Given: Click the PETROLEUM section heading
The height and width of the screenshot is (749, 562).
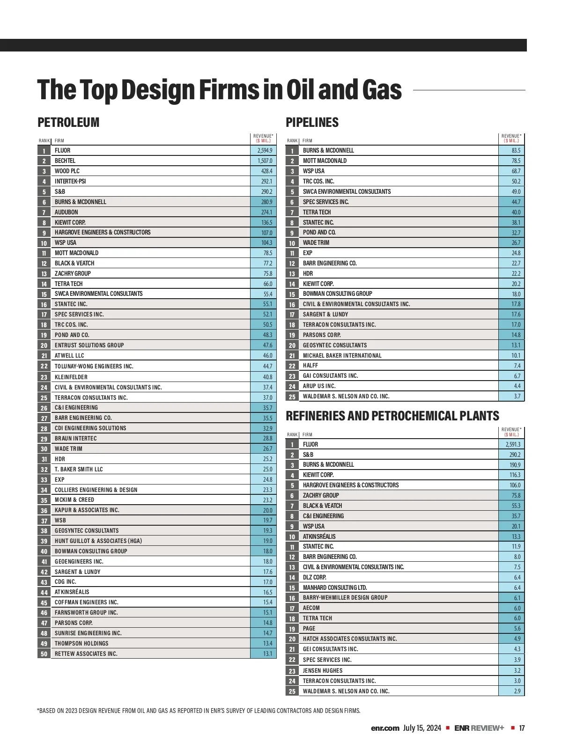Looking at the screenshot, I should [x=68, y=123].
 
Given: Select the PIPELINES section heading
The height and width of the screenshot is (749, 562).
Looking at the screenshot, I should [x=312, y=123].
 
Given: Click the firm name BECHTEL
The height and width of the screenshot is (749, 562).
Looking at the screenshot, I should [x=65, y=161].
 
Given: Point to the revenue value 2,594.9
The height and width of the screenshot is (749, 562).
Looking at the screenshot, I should [x=265, y=151].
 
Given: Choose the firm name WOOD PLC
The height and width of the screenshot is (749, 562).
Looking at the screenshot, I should [x=67, y=171].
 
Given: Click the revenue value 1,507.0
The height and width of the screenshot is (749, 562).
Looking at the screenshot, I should [x=265, y=161].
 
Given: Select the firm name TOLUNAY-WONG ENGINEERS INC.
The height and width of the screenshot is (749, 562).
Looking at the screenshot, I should [x=94, y=366].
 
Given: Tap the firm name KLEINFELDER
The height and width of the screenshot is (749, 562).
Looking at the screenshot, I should [x=71, y=377].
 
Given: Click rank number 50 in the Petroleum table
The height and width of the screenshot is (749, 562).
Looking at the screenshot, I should [x=44, y=654].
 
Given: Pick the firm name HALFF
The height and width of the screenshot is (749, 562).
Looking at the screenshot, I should [x=310, y=366].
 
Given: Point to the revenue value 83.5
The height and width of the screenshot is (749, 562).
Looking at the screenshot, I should [x=516, y=151].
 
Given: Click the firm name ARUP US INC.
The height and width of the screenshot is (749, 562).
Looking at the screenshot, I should [x=319, y=386].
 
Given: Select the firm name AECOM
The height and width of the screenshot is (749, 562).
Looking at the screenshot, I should [x=311, y=608].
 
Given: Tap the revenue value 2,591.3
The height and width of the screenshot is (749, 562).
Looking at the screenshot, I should [x=513, y=444].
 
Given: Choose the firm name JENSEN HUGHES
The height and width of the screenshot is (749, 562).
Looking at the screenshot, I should [x=323, y=670].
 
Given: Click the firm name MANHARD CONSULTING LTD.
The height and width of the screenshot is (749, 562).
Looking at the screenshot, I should [x=335, y=587].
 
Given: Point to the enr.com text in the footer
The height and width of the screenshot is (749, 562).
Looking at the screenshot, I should [x=385, y=728].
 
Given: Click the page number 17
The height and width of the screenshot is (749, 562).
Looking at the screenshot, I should [x=522, y=728].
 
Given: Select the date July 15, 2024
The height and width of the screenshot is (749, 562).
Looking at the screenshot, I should [x=422, y=728].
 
